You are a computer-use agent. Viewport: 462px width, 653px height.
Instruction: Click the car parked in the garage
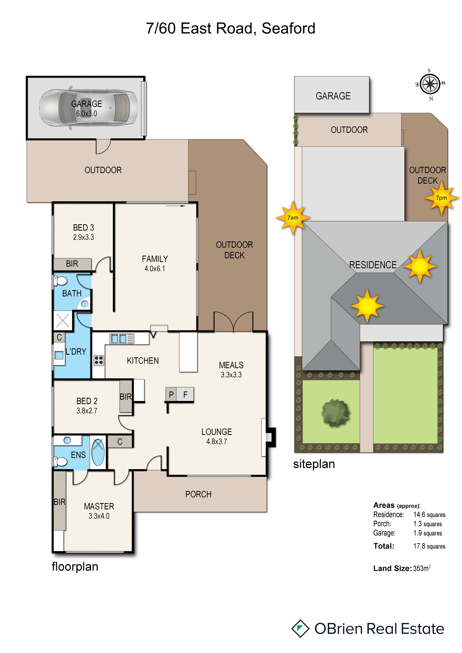coord(89,108)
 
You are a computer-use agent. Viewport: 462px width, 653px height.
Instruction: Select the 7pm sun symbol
coord(441,198)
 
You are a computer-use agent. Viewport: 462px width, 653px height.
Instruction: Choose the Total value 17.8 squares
coord(429,546)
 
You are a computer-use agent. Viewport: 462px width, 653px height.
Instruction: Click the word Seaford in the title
coord(288,28)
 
